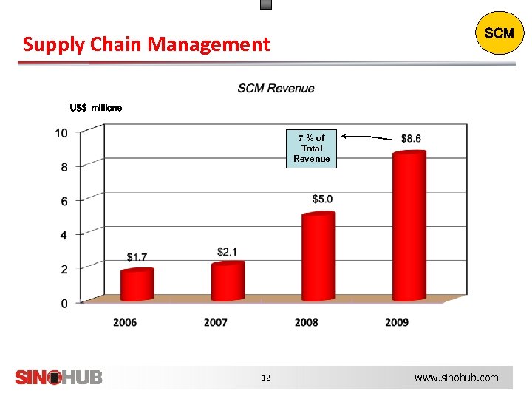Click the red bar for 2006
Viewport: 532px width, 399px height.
[137, 285]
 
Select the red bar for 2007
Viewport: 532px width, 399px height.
[228, 282]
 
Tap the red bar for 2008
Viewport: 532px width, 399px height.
[318, 257]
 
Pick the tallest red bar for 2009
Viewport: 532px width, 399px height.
[409, 226]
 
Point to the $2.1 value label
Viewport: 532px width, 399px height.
[228, 253]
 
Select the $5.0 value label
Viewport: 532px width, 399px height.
[322, 199]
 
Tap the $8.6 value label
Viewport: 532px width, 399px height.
[412, 138]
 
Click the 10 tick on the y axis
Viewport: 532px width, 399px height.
[61, 133]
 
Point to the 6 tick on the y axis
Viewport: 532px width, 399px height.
[64, 201]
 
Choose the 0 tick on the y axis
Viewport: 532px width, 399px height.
[64, 303]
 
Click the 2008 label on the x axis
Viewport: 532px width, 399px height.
[306, 322]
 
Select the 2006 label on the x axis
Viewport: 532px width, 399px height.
[125, 322]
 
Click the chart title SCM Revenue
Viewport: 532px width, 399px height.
[276, 89]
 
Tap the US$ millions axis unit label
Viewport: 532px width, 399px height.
[96, 108]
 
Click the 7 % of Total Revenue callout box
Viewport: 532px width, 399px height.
[311, 149]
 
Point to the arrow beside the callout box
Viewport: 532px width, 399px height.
[367, 137]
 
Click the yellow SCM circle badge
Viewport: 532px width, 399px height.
[499, 33]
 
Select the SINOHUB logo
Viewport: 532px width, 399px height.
[59, 377]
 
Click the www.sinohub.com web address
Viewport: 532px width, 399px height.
[456, 378]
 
